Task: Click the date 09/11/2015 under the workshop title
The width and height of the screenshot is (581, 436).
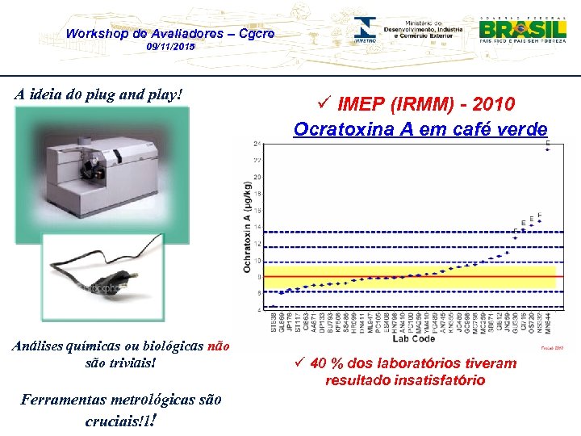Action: pyautogui.click(x=170, y=48)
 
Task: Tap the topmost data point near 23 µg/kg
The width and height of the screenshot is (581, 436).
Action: pyautogui.click(x=548, y=149)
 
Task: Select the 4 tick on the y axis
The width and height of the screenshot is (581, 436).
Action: pyautogui.click(x=257, y=309)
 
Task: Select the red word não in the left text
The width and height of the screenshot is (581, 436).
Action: pyautogui.click(x=219, y=346)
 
